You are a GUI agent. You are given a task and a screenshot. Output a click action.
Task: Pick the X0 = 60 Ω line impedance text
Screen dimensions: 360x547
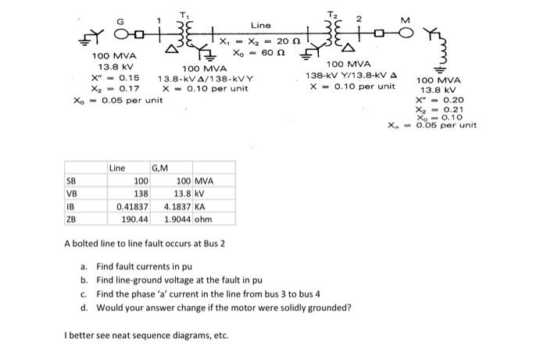(x=258, y=52)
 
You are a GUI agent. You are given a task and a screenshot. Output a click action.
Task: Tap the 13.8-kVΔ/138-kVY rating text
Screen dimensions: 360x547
(x=203, y=79)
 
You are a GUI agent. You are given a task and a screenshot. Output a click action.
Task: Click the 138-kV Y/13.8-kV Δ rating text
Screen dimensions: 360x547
(x=356, y=75)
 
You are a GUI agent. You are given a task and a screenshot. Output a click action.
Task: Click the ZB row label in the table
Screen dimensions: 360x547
(x=70, y=219)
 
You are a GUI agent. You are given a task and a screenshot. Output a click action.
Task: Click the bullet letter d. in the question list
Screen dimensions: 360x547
(x=84, y=307)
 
